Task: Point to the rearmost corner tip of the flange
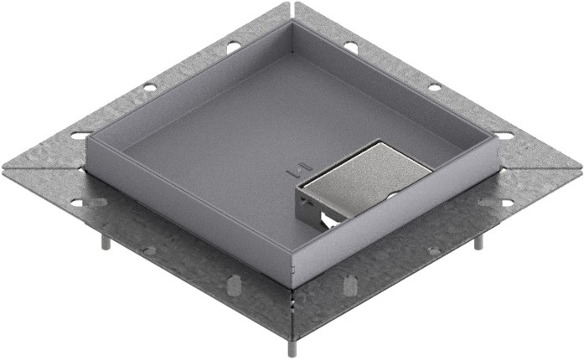pos(292,3)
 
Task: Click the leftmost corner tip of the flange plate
pos(3,165)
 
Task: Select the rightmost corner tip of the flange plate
pos(580,165)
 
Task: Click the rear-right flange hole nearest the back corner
pos(350,47)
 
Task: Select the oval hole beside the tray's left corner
pos(80,134)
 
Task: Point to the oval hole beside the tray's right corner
pos(504,134)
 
